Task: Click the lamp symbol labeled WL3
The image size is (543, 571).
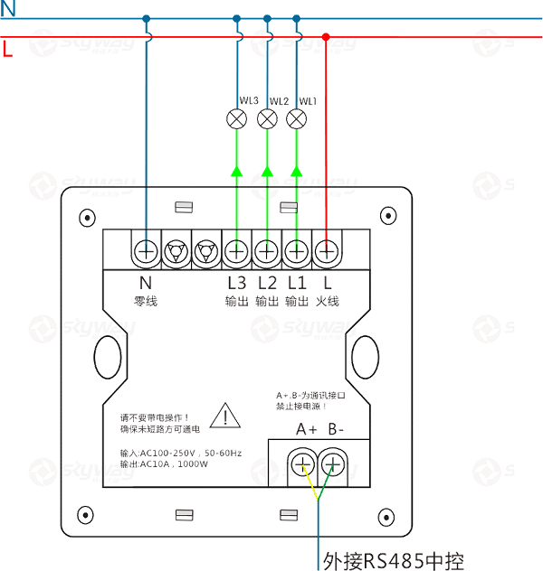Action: [237, 117]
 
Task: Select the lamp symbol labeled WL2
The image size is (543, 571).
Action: [267, 117]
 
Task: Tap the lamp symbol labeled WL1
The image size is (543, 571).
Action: [297, 117]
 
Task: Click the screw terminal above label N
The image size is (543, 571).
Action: [146, 250]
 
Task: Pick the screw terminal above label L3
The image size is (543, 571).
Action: [237, 250]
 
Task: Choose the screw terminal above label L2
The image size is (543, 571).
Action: [267, 250]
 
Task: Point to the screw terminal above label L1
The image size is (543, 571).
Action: [297, 250]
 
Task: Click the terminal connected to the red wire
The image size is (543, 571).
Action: [326, 250]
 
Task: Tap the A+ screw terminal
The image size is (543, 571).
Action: [302, 465]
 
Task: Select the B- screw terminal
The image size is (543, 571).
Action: [333, 465]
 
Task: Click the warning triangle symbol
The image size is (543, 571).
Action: [222, 417]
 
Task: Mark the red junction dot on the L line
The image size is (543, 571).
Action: [326, 37]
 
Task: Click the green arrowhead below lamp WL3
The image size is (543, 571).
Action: [237, 170]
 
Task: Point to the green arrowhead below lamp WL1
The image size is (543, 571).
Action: [297, 170]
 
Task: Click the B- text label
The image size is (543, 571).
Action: [337, 429]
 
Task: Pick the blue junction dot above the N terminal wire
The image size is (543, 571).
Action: [146, 18]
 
